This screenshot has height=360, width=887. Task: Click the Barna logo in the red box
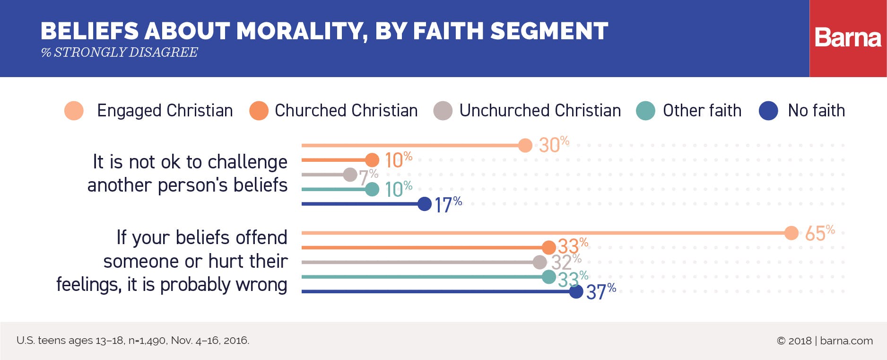tap(848, 38)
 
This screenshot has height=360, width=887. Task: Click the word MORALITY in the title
tap(300, 31)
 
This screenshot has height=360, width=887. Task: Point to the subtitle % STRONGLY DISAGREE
tap(120, 53)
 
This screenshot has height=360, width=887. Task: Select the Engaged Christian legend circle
tap(74, 111)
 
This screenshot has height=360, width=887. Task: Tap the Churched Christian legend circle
tap(259, 111)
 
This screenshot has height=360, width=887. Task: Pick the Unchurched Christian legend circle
tap(443, 111)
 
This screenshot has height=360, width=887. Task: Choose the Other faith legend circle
tap(645, 111)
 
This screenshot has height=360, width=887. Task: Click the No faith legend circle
tap(768, 111)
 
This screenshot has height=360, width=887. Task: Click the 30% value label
tap(553, 145)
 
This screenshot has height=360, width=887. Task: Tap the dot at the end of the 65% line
tap(791, 233)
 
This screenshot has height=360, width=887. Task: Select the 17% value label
tap(447, 205)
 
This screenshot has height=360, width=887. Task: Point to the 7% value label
tap(368, 177)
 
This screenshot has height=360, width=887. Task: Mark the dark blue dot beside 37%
tap(576, 291)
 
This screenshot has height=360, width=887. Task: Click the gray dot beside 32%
tap(539, 262)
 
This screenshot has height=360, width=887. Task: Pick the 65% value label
tap(819, 233)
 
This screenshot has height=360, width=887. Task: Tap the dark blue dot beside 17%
tap(425, 204)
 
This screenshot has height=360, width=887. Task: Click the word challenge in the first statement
tap(247, 162)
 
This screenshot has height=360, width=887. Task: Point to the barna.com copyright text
tap(825, 341)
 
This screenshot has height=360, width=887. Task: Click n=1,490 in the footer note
tap(147, 341)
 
